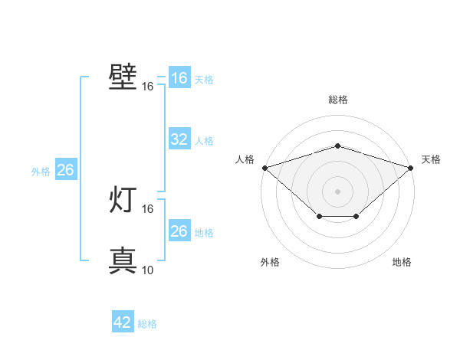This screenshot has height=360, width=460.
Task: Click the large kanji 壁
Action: [x=123, y=77]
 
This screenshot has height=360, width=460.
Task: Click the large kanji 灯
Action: [x=123, y=199]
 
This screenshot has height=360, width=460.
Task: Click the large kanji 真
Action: [x=123, y=260]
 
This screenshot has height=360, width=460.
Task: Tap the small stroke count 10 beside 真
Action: [x=147, y=270]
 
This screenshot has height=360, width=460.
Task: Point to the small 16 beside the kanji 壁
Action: [x=147, y=87]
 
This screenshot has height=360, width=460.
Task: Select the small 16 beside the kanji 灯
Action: [x=147, y=209]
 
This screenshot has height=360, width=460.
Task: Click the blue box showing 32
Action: [x=179, y=139]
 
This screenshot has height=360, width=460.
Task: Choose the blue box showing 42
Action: [x=123, y=321]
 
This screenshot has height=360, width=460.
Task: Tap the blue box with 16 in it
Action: [x=179, y=77]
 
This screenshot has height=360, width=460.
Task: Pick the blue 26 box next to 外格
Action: [x=66, y=169]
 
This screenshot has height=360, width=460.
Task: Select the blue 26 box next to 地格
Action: [x=179, y=230]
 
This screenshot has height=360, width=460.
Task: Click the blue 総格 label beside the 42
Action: [x=147, y=324]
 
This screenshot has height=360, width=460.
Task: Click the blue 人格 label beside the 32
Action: [x=204, y=141]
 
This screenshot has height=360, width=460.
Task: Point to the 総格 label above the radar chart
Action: [x=338, y=100]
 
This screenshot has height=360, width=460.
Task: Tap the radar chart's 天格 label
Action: [x=431, y=159]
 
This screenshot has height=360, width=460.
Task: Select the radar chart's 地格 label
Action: [x=402, y=262]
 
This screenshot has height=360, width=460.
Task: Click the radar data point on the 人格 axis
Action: [x=265, y=168]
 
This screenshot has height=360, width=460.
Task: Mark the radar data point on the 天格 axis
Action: [x=411, y=168]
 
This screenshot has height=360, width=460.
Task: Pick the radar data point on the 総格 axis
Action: [x=337, y=146]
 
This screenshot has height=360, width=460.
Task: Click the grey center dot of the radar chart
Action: [x=337, y=191]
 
